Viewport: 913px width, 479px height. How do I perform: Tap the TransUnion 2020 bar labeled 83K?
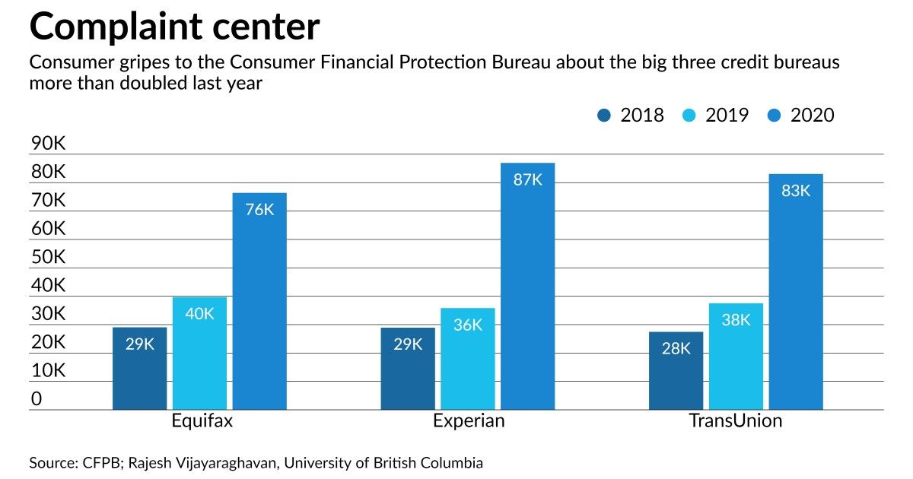[x=796, y=292]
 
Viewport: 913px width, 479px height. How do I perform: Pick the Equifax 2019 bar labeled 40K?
[x=199, y=354]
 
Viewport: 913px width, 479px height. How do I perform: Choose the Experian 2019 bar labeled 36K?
[x=468, y=359]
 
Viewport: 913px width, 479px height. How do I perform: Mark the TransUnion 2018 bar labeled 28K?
[x=676, y=371]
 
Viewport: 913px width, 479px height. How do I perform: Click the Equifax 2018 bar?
[x=139, y=369]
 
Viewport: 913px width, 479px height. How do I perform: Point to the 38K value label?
[x=736, y=320]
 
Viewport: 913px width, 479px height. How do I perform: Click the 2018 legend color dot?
[x=606, y=116]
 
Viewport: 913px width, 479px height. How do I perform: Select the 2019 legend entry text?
[x=727, y=116]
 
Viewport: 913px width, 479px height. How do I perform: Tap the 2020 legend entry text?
[x=813, y=116]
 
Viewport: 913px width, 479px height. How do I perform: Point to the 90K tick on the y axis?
[x=48, y=144]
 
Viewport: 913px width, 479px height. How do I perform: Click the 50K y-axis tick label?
[x=48, y=257]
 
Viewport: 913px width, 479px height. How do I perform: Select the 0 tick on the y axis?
[x=37, y=399]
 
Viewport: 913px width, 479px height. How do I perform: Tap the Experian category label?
[x=469, y=421]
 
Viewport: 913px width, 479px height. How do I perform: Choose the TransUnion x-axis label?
[x=735, y=421]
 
